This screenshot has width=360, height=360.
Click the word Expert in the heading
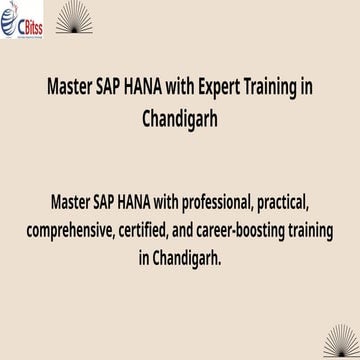pyautogui.click(x=194, y=85)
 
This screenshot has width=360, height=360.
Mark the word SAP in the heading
pyautogui.click(x=111, y=85)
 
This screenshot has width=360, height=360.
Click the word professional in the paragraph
pyautogui.click(x=201, y=208)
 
